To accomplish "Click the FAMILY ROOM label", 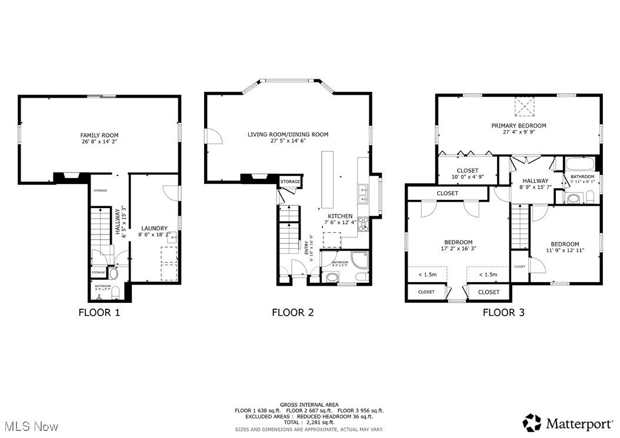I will click(99, 135).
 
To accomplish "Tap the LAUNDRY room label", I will click(155, 228).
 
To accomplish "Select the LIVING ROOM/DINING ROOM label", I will click(288, 135).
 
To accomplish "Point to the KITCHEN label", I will click(340, 216).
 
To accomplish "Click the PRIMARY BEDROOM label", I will click(519, 125).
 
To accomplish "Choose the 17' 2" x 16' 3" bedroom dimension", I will click(458, 249).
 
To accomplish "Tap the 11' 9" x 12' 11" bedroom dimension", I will click(565, 251).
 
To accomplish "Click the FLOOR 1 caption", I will click(99, 312).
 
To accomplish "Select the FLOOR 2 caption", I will click(292, 312).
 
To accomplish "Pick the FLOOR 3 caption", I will click(503, 312).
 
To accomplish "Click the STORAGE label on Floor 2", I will click(290, 182).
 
